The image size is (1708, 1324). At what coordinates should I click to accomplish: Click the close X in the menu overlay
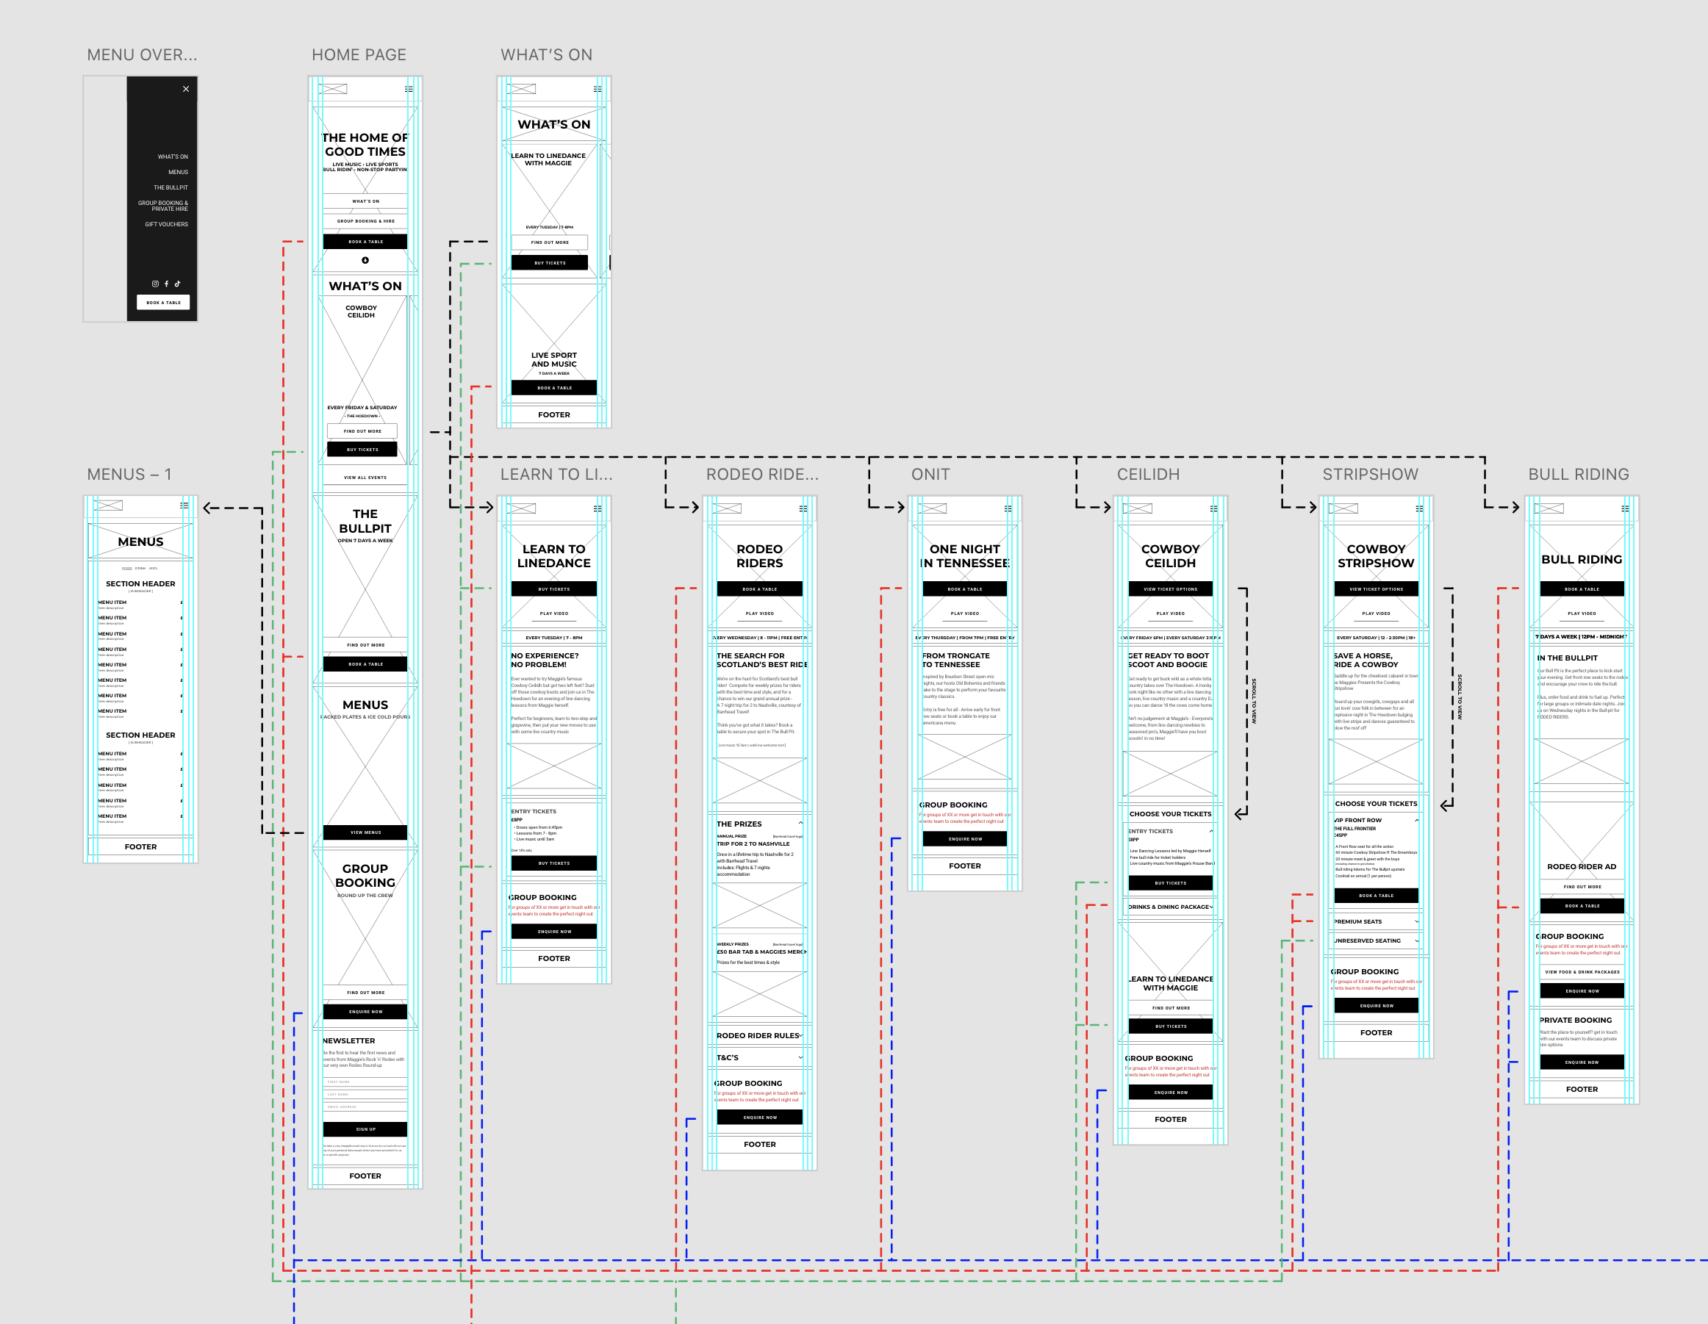tap(186, 89)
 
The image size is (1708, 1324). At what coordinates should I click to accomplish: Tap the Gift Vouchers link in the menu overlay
tap(167, 224)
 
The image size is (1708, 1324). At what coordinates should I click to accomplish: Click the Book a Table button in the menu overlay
tap(163, 303)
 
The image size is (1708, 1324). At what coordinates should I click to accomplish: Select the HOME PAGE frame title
tap(359, 55)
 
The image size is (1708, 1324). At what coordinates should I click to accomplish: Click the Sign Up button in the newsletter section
tap(365, 1129)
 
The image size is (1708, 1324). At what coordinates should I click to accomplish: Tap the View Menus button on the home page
tap(365, 833)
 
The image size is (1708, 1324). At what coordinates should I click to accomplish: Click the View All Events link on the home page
tap(365, 478)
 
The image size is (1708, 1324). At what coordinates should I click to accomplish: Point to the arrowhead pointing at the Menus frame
tap(207, 508)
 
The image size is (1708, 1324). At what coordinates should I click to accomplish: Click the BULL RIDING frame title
tap(1578, 475)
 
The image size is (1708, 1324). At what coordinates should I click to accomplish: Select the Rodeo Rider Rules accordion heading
tap(758, 1035)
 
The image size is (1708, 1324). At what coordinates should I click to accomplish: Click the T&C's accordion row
tap(758, 1057)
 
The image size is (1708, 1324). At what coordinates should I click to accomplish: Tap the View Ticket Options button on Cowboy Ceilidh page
tap(1170, 590)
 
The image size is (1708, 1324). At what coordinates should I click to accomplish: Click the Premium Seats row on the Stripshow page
tap(1375, 922)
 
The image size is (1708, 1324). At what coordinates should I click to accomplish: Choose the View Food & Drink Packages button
tap(1582, 972)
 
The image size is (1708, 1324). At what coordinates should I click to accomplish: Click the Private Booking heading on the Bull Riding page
tap(1575, 1021)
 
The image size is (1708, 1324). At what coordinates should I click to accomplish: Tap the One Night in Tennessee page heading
tap(964, 556)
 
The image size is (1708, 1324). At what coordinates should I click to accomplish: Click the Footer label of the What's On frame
tap(553, 415)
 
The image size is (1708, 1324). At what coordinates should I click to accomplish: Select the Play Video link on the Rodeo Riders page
tap(759, 614)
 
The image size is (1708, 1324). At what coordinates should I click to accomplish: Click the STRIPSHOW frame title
tap(1369, 475)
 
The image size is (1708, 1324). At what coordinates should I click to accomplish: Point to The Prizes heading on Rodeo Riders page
tap(739, 824)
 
